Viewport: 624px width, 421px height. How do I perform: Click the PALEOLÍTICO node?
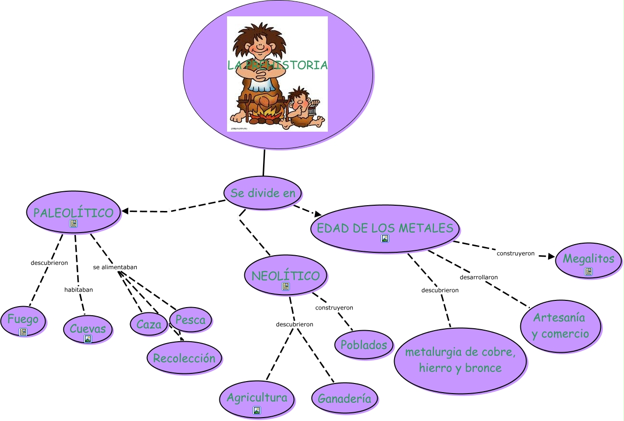(73, 212)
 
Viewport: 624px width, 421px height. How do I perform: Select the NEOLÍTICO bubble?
(286, 276)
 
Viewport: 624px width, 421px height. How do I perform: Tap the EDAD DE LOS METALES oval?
(384, 228)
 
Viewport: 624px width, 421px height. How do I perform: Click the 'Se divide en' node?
(263, 193)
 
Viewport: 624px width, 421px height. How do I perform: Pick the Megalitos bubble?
(588, 259)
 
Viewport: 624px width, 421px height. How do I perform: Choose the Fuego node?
(23, 320)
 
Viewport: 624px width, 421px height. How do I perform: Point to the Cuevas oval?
(88, 329)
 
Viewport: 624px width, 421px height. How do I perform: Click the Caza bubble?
(149, 324)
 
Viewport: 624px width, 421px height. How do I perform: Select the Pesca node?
(190, 320)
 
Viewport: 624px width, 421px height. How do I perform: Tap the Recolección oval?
(184, 358)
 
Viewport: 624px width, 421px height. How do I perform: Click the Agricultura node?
(257, 398)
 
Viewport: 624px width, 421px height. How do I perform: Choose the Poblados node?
(363, 345)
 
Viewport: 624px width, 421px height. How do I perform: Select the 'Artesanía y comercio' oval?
(560, 326)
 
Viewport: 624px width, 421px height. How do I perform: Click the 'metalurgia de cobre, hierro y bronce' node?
(460, 360)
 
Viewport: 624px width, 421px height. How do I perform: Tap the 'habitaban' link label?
(79, 289)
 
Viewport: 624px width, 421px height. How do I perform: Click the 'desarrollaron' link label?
(479, 277)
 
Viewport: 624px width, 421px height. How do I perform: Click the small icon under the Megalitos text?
(588, 272)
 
